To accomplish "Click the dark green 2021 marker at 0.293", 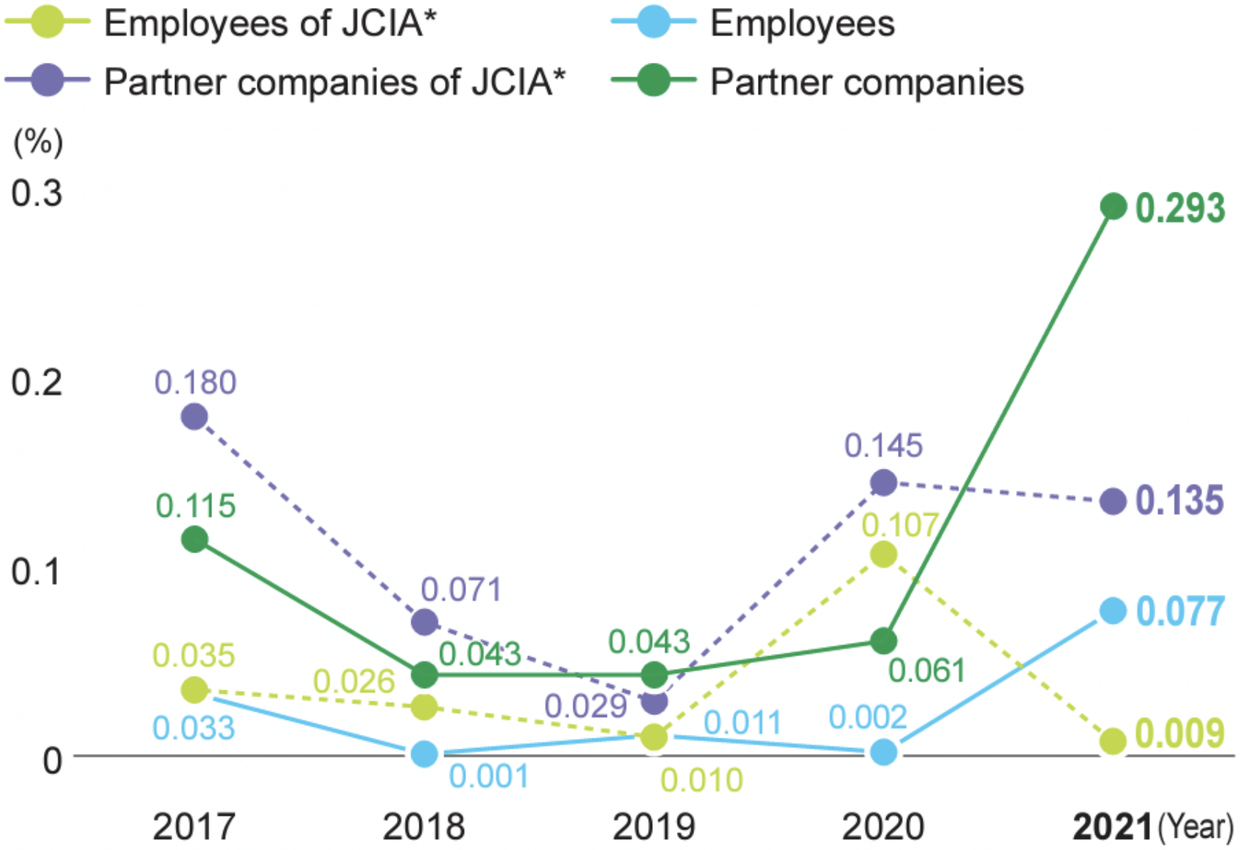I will (x=1113, y=207).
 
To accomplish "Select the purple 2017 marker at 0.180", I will (x=194, y=417).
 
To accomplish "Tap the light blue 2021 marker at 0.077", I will (x=1113, y=611).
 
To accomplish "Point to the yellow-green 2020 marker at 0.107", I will (x=883, y=555).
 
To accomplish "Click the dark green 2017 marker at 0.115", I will (x=194, y=539).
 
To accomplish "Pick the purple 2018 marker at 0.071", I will (x=425, y=622).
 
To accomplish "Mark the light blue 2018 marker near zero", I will (x=425, y=754).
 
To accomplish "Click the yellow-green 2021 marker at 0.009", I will (x=1113, y=741).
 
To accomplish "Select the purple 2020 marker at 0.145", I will (x=883, y=482).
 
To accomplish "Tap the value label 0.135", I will (x=1179, y=501).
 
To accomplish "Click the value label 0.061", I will (x=926, y=671).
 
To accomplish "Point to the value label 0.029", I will (x=586, y=706).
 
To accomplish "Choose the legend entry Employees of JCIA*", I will (x=270, y=23).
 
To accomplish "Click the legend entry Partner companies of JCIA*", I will (x=334, y=82).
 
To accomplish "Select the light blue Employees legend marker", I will (x=653, y=23).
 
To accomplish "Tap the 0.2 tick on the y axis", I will (x=36, y=383).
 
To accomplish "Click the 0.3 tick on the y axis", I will (x=36, y=193).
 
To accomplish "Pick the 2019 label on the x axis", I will (x=654, y=827).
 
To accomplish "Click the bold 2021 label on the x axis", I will (x=1112, y=827).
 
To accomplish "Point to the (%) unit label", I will (x=38, y=141).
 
